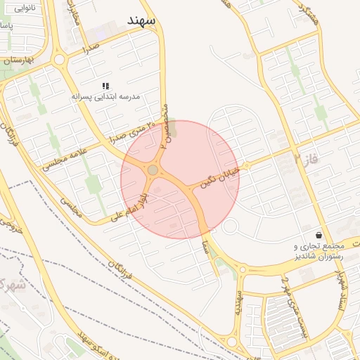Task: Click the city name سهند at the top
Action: (x=141, y=20)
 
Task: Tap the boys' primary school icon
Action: (x=105, y=86)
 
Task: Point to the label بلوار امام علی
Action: (x=134, y=205)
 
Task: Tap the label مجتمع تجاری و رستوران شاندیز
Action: (x=318, y=252)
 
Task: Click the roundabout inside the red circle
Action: (x=153, y=170)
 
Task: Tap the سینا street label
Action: (x=205, y=246)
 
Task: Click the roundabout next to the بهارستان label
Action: (x=59, y=59)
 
